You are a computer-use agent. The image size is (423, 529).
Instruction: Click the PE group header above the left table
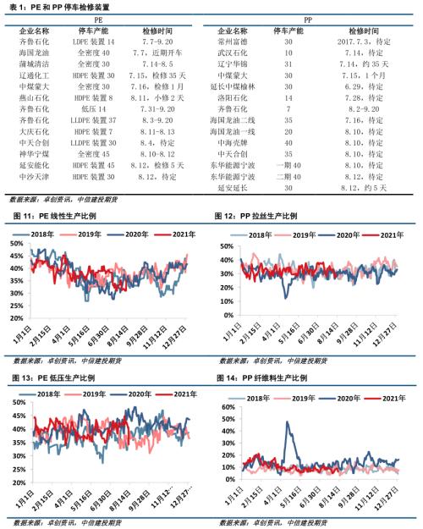(x=100, y=17)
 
